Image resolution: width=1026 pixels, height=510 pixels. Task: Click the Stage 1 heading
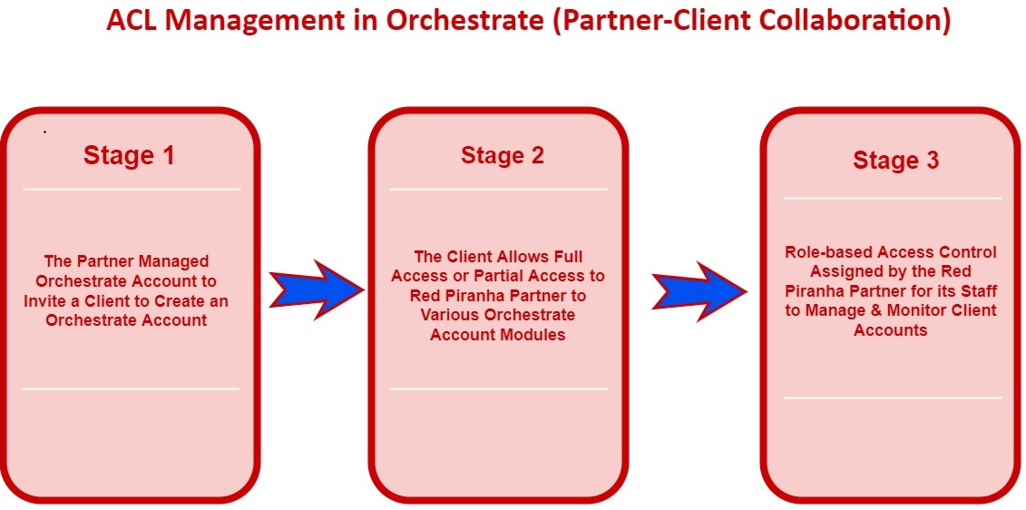coord(129,156)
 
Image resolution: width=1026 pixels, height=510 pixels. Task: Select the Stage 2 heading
coord(502,155)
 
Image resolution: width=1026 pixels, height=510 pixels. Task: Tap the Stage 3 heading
coord(895,160)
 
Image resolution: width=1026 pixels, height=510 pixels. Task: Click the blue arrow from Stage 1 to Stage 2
coord(316,289)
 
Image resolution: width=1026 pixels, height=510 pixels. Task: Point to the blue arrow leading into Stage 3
coord(699,291)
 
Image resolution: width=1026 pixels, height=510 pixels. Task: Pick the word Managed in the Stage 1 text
coord(180,261)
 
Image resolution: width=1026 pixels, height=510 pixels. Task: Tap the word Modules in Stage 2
coord(535,335)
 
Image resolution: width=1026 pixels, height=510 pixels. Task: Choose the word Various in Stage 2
coord(450,315)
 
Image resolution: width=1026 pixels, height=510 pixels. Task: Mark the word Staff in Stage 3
coord(978,290)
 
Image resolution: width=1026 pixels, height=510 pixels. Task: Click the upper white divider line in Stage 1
coord(132,189)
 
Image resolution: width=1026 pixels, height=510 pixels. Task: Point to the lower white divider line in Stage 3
coord(893,397)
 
